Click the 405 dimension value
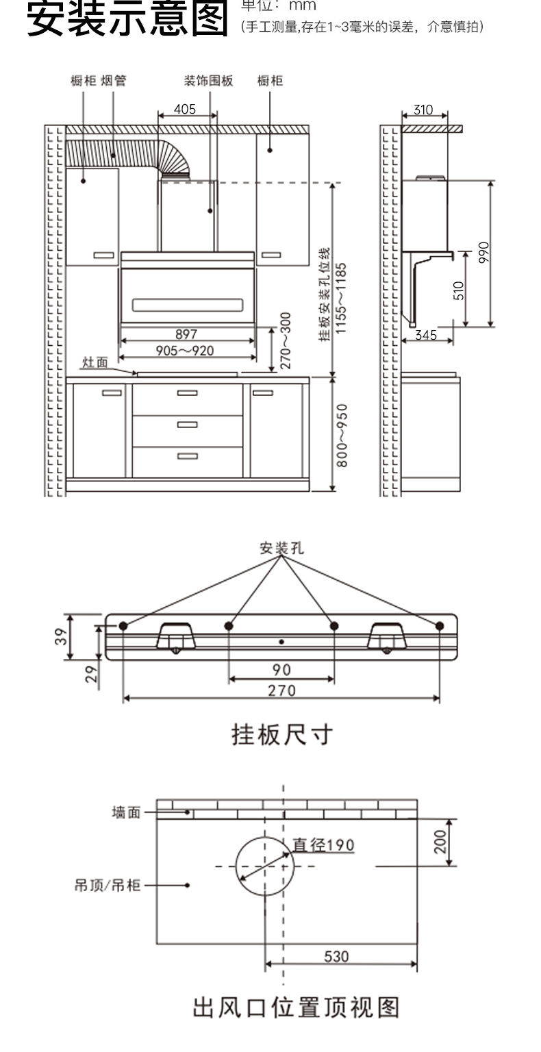185,109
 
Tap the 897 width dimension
186,334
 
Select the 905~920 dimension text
185,351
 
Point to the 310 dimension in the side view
424,110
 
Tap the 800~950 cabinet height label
342,435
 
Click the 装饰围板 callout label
209,81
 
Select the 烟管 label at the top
114,81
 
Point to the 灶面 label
95,362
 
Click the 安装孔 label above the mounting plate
281,548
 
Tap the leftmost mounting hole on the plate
123,626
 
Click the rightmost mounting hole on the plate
440,626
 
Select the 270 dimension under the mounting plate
281,690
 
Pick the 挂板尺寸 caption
282,735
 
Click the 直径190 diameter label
324,844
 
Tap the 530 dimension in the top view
336,956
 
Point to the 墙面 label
126,812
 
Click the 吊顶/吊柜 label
107,886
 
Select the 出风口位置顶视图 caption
295,1008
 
